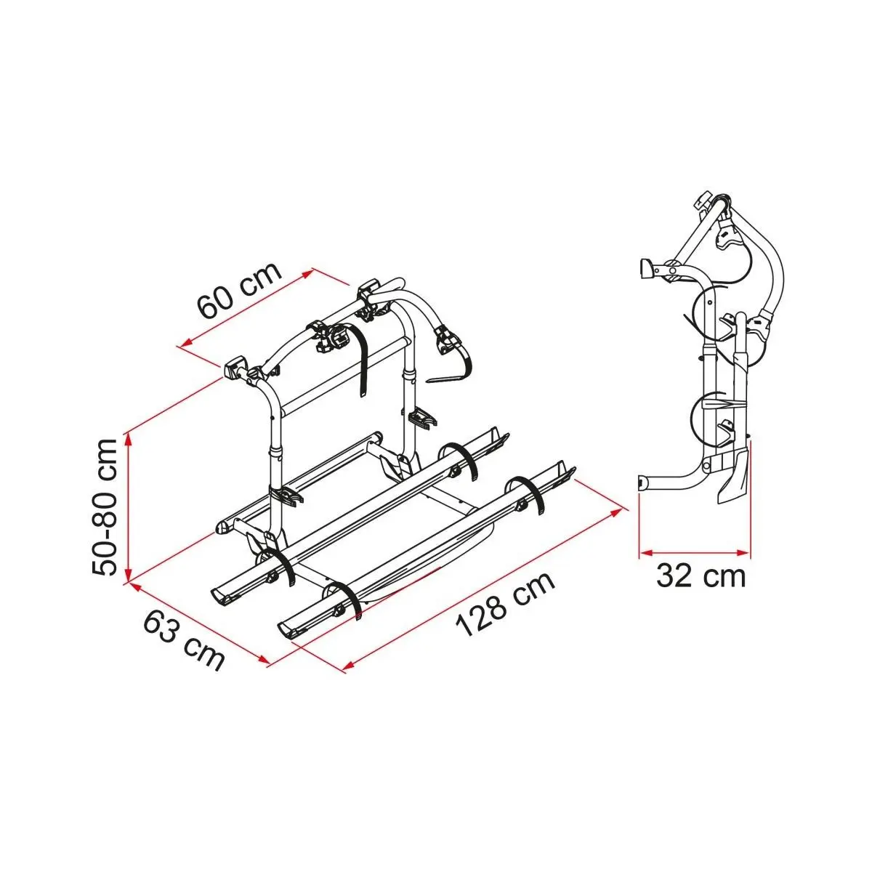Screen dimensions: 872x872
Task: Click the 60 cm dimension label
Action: (239, 290)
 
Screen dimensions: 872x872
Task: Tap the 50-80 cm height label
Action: (105, 506)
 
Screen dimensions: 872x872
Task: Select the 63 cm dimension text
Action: (184, 642)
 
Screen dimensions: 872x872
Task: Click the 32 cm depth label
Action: (701, 576)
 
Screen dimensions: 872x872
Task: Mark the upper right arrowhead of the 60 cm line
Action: (307, 273)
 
